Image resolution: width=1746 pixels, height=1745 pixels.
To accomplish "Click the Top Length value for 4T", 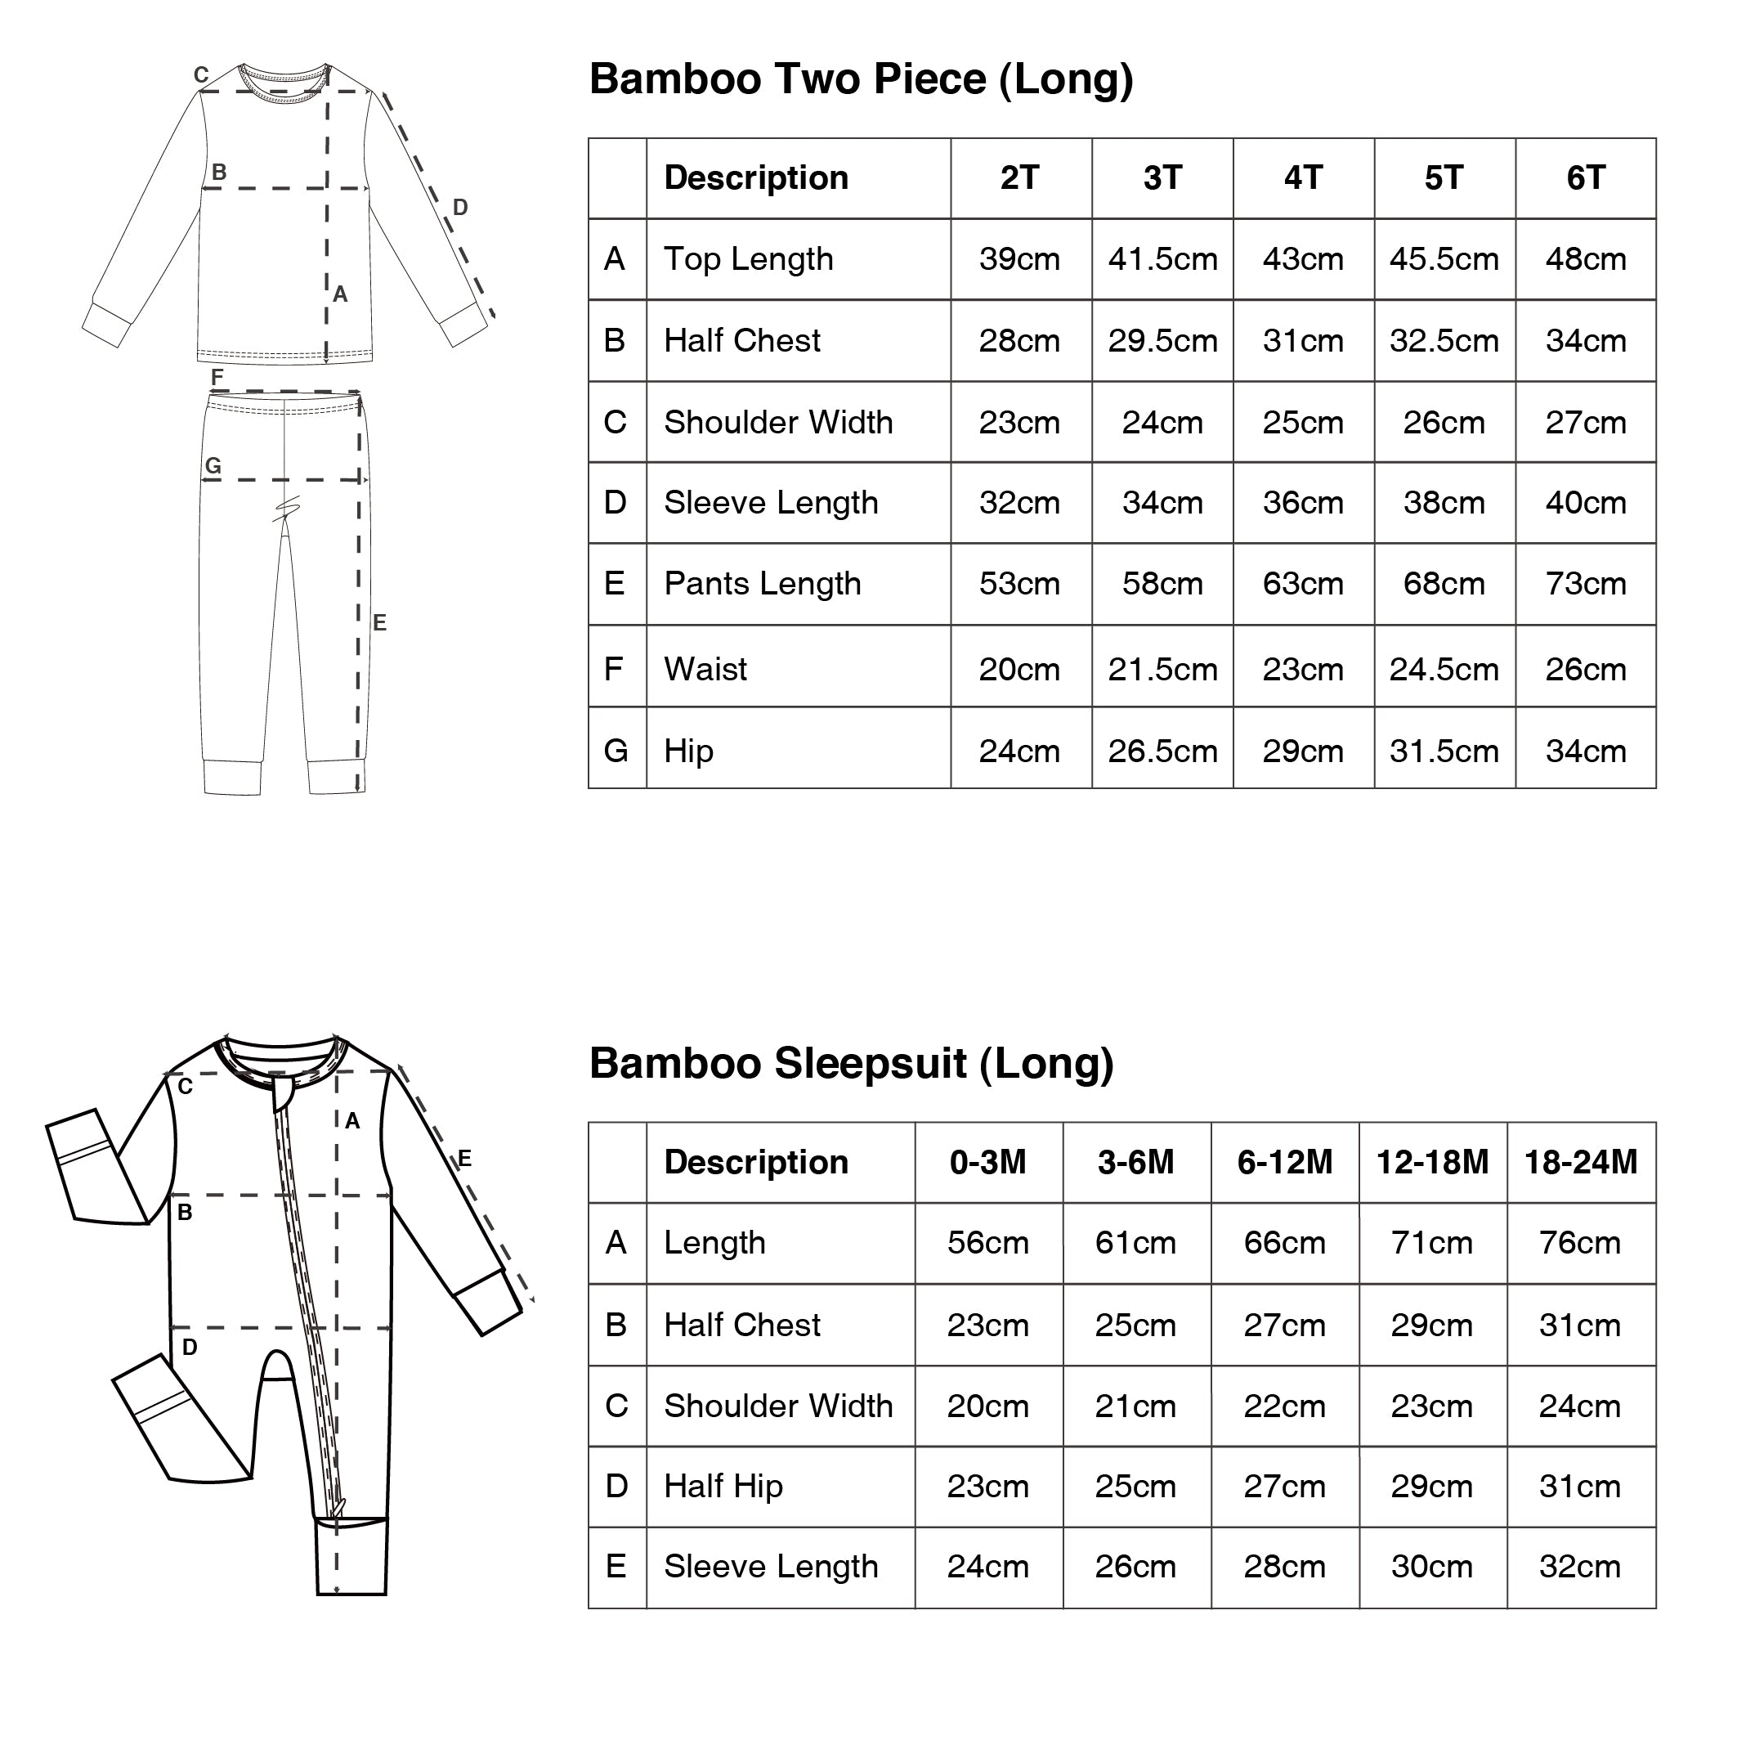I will point(1302,259).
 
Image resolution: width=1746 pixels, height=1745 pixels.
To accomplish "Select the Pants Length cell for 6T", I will point(1585,584).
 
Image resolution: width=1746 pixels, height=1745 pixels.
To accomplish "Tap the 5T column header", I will point(1444,178).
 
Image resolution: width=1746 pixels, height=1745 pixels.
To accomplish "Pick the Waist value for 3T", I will point(1162,670).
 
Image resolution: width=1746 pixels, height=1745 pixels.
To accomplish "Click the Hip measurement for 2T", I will point(1019,751).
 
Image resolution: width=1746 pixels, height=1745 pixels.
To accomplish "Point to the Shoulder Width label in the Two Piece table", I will point(777,422).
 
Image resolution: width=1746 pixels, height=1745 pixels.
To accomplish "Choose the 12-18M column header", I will point(1431,1163).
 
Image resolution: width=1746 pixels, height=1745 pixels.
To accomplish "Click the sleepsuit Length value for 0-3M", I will point(987,1243).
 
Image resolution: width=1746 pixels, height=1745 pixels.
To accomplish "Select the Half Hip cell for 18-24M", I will point(1580,1487).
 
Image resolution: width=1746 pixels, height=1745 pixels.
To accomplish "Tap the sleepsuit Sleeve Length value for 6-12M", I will point(1284,1567).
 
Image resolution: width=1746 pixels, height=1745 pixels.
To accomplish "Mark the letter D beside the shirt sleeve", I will point(460,208).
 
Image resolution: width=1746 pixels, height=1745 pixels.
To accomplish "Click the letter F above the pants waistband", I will point(217,376).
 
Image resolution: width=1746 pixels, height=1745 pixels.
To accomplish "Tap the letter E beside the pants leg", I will point(379,622).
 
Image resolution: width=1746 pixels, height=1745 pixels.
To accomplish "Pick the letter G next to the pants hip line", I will point(213,465).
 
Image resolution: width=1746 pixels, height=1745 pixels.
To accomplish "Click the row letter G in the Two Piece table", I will point(616,751).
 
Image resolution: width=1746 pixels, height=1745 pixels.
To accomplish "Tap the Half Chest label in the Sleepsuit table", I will point(741,1326).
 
